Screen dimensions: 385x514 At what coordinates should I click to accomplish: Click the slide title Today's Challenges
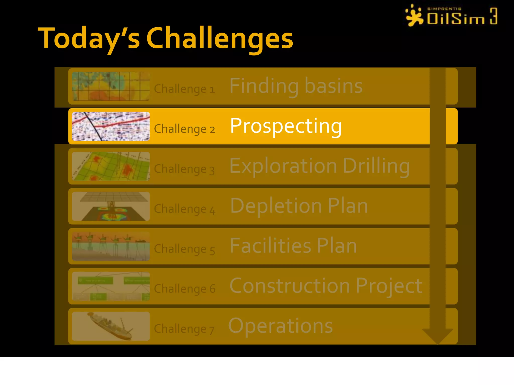(x=165, y=38)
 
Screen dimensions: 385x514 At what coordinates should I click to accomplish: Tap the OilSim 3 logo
(x=451, y=16)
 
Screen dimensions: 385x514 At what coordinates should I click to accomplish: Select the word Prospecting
(x=286, y=126)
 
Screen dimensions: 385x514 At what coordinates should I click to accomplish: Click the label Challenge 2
(x=184, y=129)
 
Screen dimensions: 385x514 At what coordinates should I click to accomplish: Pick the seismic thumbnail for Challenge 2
(x=111, y=126)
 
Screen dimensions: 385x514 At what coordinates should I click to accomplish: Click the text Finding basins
(x=296, y=86)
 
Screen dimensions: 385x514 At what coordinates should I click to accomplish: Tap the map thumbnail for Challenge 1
(x=111, y=86)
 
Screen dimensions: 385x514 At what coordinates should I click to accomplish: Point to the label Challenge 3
(x=184, y=169)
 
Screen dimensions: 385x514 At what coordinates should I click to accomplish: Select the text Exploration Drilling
(x=319, y=166)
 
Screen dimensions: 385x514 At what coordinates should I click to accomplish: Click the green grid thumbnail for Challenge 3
(x=111, y=166)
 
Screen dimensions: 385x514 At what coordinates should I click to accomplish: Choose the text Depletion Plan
(x=299, y=206)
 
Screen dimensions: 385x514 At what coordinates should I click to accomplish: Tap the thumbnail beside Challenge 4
(x=111, y=206)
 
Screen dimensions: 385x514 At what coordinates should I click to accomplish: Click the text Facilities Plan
(x=293, y=246)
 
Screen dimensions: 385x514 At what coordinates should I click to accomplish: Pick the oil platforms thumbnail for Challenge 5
(x=111, y=246)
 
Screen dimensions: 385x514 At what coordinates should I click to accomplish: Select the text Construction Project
(x=326, y=286)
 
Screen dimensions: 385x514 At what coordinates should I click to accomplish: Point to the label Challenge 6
(x=184, y=289)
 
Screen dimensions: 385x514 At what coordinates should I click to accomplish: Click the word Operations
(x=280, y=326)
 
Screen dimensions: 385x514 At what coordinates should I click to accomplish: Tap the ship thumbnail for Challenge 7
(x=111, y=326)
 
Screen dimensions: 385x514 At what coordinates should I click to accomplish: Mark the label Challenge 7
(x=184, y=329)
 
